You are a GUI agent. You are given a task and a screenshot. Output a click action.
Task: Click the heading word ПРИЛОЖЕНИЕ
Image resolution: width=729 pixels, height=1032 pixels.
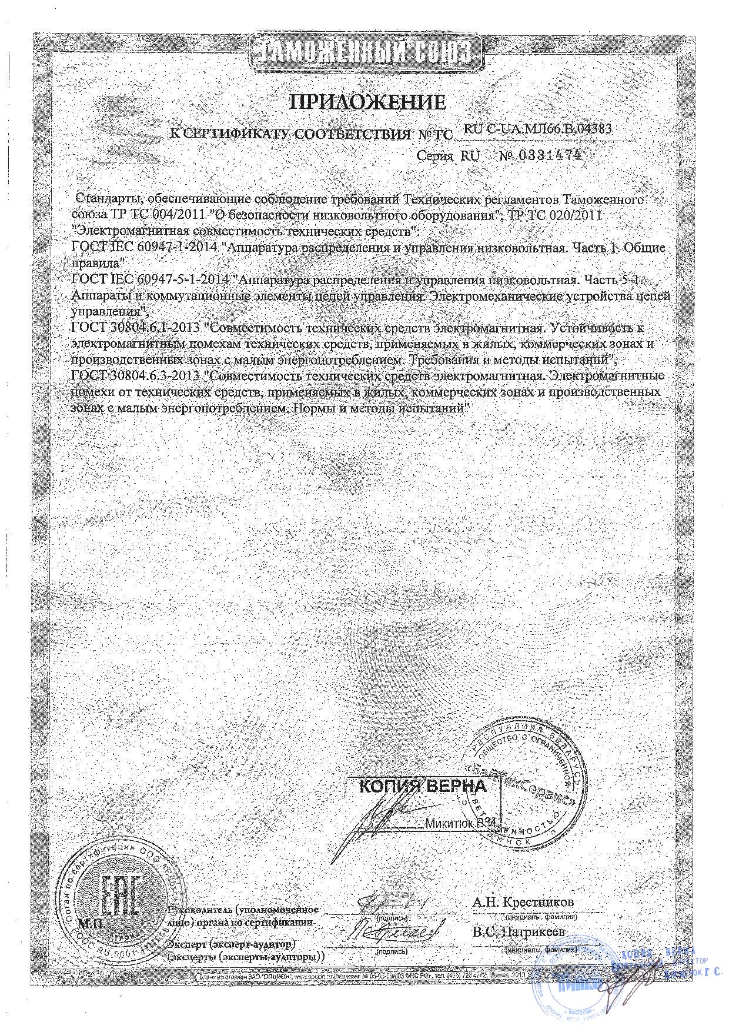click(x=368, y=103)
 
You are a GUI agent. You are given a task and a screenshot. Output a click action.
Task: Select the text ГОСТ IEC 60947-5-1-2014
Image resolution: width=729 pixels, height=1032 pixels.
click(x=150, y=278)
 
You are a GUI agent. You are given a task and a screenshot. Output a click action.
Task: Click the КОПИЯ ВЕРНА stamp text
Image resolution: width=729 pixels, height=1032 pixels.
click(x=422, y=786)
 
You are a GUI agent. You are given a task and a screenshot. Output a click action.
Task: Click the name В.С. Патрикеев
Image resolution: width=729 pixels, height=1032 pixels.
click(x=518, y=933)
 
